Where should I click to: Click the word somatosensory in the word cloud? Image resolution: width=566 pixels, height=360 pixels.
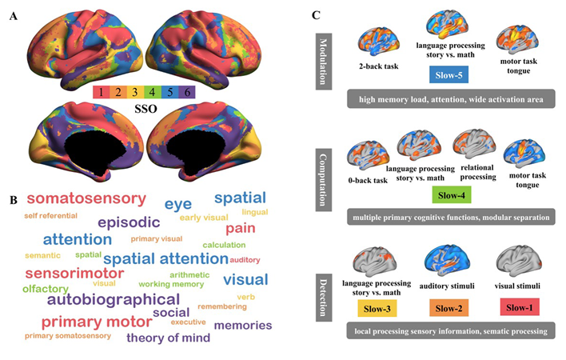[86, 198]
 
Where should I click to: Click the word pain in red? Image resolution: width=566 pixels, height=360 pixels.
[240, 229]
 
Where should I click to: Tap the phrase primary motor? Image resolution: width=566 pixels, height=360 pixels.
[96, 322]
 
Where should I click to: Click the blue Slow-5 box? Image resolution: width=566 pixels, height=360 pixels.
[447, 75]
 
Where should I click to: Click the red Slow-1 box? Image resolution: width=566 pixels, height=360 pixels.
[521, 307]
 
